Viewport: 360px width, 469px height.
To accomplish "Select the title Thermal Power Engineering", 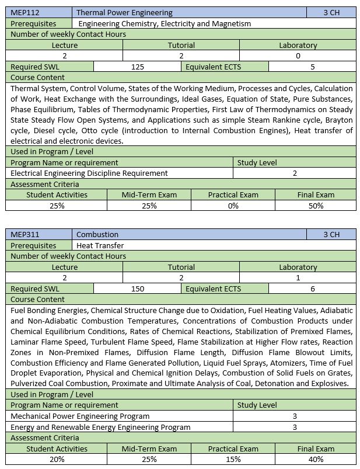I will [124, 13].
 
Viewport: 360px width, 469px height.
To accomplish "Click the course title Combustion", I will [97, 235].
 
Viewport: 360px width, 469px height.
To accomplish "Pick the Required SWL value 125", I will [138, 67].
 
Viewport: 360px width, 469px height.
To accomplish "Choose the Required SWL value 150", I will [138, 289].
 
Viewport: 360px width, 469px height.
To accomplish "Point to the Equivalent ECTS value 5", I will [313, 67].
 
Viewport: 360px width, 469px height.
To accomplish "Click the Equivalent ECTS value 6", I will [313, 289].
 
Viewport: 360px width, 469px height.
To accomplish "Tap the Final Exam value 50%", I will [316, 206].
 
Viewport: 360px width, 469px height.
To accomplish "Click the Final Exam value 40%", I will [316, 459].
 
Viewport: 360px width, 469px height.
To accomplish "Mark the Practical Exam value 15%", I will [233, 459].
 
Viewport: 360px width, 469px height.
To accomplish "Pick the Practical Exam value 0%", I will [233, 206].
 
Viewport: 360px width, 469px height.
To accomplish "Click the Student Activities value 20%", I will [57, 459].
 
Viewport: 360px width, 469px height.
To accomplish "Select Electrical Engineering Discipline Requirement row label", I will [89, 173].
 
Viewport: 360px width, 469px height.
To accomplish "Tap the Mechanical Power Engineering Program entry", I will [80, 416].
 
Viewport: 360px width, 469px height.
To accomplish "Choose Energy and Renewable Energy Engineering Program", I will [100, 427].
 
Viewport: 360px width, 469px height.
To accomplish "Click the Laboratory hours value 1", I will [298, 278].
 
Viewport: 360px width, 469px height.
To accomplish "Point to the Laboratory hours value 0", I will [298, 56].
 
